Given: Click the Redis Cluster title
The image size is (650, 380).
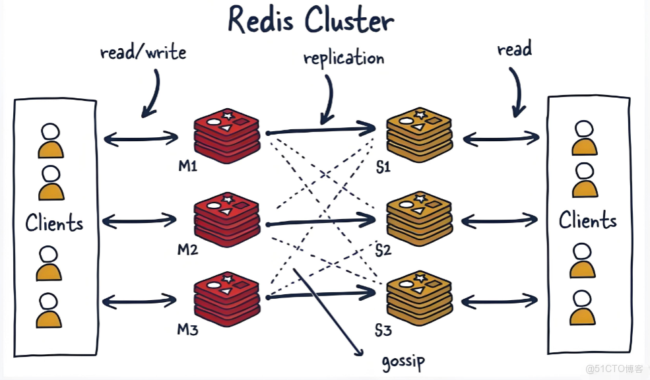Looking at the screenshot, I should (310, 20).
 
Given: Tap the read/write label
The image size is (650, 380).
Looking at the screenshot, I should (143, 52).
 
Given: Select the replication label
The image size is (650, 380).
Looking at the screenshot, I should (343, 58).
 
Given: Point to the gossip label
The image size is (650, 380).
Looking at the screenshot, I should (403, 361).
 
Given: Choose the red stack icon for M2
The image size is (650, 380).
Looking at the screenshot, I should (227, 219).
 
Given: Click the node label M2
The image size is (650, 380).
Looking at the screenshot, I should (188, 249).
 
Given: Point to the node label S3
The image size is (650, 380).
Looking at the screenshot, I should (383, 329).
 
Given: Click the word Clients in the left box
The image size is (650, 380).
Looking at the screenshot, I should (54, 223).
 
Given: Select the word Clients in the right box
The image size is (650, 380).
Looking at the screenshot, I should (587, 220).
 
